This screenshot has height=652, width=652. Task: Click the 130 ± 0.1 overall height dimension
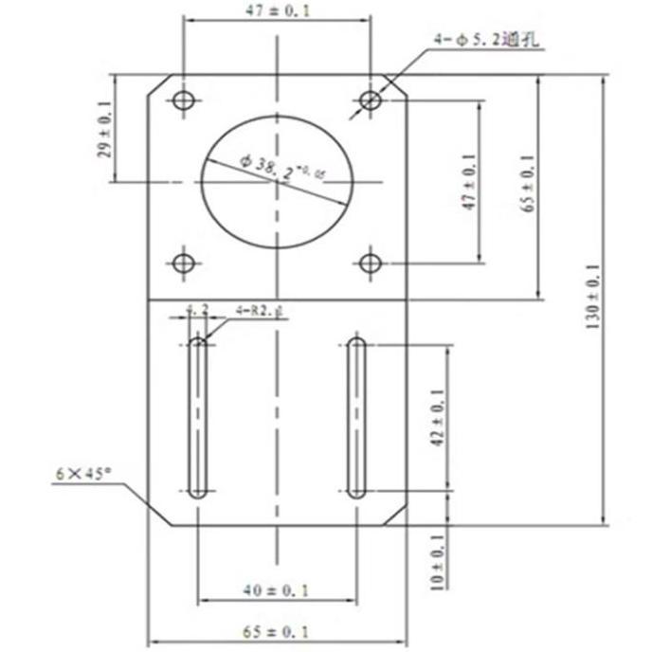tap(594, 296)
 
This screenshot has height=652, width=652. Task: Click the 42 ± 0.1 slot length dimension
tap(436, 418)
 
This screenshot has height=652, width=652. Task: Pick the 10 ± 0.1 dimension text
tap(436, 561)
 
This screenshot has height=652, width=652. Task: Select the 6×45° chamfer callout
tap(83, 471)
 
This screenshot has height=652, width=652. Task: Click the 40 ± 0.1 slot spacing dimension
tap(277, 589)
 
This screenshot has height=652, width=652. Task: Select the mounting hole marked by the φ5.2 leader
tap(371, 99)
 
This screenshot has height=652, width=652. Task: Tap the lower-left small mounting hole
tap(184, 262)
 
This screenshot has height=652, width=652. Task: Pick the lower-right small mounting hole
tap(371, 262)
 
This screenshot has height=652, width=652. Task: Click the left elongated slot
tap(198, 417)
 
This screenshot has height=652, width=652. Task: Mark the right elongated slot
tap(355, 417)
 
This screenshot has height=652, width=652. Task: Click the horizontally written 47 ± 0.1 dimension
tap(277, 10)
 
